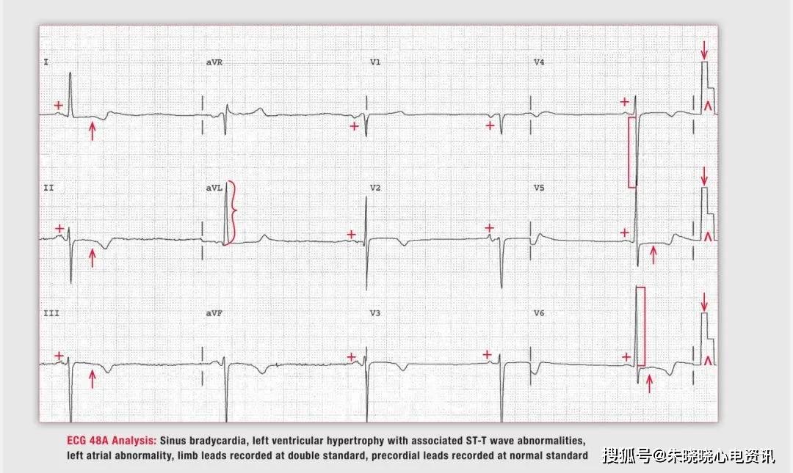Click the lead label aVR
214,62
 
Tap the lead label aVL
214,188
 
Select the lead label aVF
214,313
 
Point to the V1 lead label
375,62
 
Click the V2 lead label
375,188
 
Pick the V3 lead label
375,313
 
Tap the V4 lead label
539,62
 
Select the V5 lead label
539,188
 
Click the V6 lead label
539,313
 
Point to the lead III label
51,313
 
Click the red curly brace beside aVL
232,212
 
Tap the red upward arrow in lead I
92,131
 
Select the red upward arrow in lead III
92,378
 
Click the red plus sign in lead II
59,228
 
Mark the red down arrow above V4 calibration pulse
704,50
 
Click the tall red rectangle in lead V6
641,326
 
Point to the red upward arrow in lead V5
653,254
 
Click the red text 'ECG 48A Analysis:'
112,441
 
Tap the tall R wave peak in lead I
70,73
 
